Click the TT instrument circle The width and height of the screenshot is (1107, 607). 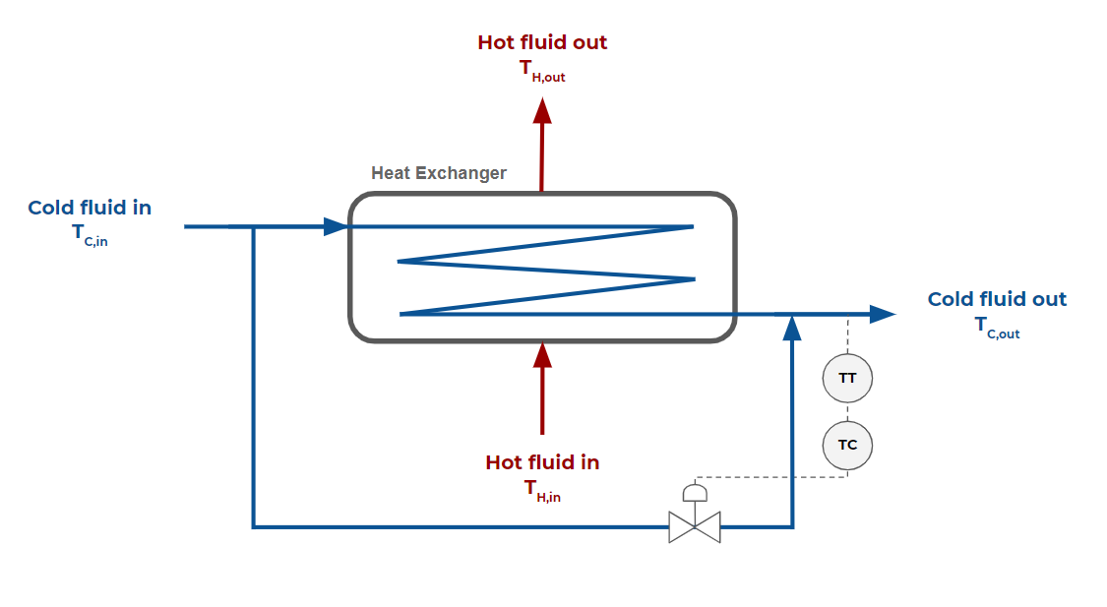tap(847, 378)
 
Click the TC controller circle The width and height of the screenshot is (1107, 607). tap(847, 445)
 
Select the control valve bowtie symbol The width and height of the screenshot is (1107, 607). tap(695, 527)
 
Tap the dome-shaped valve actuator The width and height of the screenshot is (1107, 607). tap(695, 492)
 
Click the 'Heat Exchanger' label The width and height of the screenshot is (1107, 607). tap(439, 173)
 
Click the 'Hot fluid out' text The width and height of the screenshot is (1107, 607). tap(542, 42)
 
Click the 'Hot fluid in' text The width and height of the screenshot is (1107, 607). tap(542, 461)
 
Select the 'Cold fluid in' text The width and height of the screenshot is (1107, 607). tap(90, 208)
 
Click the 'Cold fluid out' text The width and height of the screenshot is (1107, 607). tap(997, 299)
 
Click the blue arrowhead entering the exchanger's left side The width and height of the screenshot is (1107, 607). tap(336, 226)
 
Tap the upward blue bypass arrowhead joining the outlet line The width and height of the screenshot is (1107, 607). tap(792, 328)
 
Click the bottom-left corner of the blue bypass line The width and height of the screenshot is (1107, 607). tap(254, 527)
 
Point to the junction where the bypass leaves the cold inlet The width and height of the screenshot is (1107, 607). tap(254, 226)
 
